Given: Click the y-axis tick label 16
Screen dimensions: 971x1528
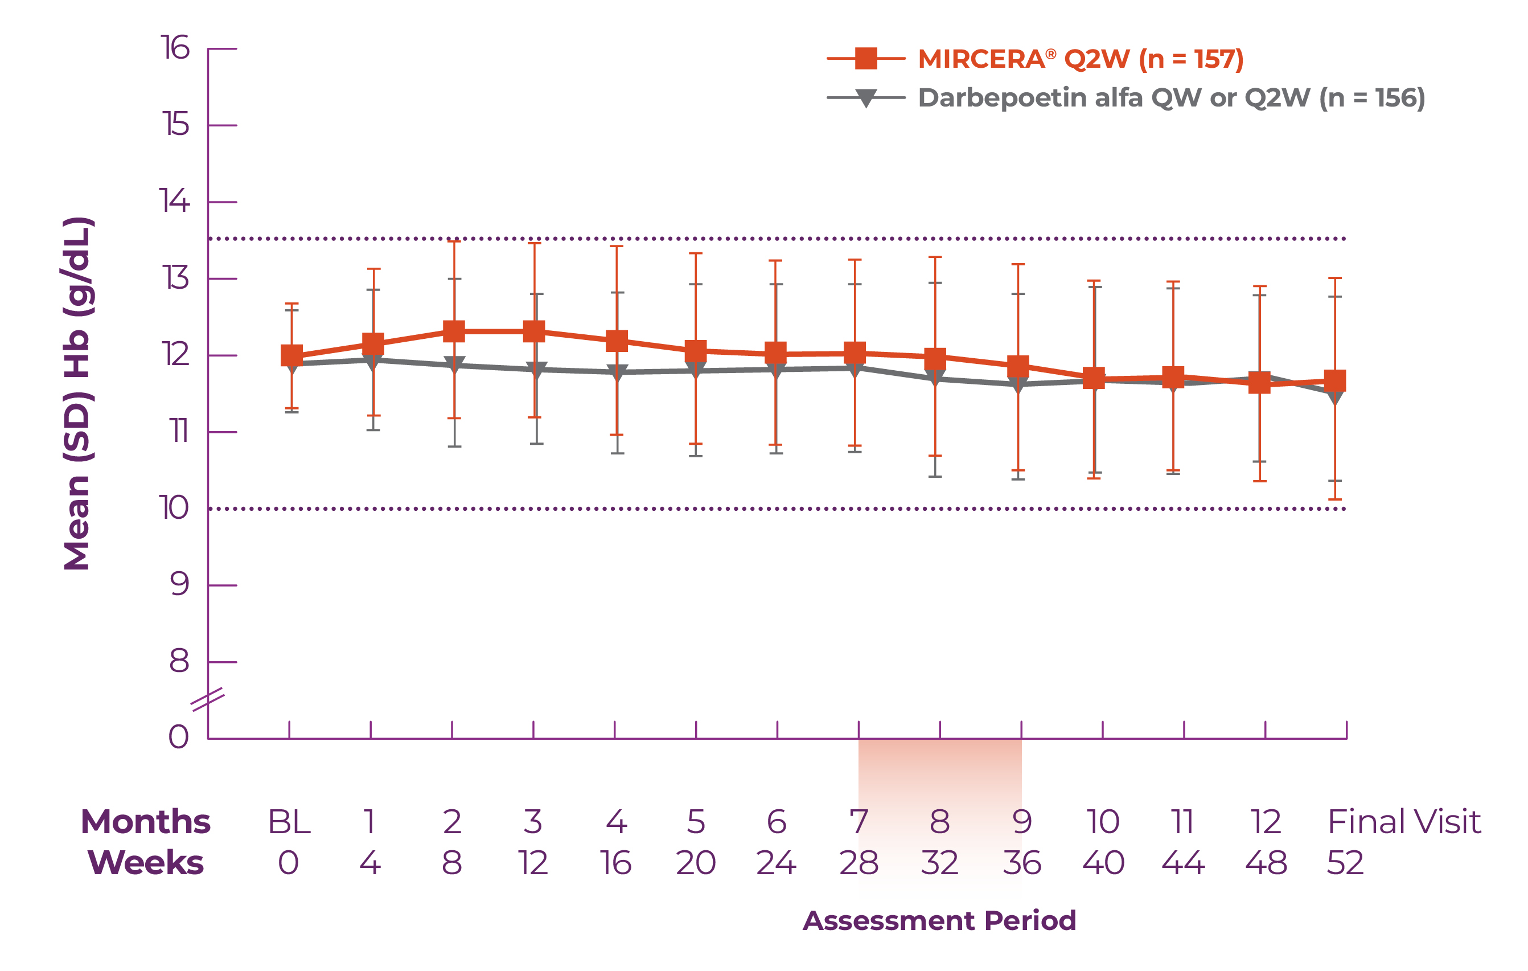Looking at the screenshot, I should pyautogui.click(x=175, y=48).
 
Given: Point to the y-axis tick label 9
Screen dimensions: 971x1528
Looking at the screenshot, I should pyautogui.click(x=179, y=584).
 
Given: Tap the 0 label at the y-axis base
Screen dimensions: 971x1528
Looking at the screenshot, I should pyautogui.click(x=179, y=738).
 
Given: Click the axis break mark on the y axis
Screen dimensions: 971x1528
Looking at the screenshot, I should pyautogui.click(x=207, y=699).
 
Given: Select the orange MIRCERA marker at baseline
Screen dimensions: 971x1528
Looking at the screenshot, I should pyautogui.click(x=292, y=356).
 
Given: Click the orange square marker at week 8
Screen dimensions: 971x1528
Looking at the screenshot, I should pyautogui.click(x=454, y=331).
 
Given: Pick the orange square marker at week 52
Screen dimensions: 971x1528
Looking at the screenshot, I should pyautogui.click(x=1335, y=381).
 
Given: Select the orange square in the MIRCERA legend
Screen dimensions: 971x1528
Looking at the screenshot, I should pyautogui.click(x=866, y=59).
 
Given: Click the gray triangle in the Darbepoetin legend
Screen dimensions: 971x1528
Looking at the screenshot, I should pyautogui.click(x=866, y=99).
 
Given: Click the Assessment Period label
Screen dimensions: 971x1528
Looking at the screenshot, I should pyautogui.click(x=939, y=920).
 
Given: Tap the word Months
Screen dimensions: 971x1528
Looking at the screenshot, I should pyautogui.click(x=145, y=822).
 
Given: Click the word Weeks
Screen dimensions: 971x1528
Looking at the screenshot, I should pyautogui.click(x=145, y=863).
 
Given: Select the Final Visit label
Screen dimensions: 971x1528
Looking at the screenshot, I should pyautogui.click(x=1404, y=822).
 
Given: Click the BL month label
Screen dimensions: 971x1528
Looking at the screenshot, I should pyautogui.click(x=289, y=822).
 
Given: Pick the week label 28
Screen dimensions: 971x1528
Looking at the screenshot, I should pyautogui.click(x=859, y=863).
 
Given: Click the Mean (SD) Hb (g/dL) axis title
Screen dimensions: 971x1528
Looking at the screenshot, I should pyautogui.click(x=77, y=394).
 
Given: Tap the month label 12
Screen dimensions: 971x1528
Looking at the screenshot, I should pyautogui.click(x=1266, y=822).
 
